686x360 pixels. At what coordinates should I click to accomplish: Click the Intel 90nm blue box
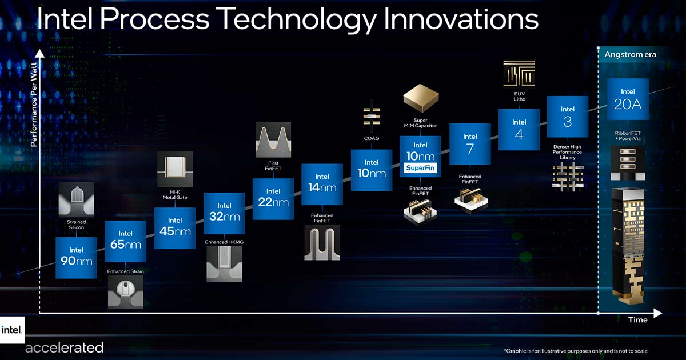pos(76,258)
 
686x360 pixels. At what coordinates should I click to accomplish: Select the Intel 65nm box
pos(126,242)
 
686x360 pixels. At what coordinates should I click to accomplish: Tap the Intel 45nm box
pos(175,229)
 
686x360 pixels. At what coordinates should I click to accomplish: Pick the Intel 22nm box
pos(273,199)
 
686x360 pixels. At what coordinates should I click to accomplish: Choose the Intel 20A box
pos(628,99)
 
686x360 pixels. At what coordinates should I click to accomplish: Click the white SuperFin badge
pos(420,168)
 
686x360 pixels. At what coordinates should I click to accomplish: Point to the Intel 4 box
pos(519,130)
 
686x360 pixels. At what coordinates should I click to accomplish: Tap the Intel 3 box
pos(568,117)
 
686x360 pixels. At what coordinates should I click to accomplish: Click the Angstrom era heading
pos(630,55)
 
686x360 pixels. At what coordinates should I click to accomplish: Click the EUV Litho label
pos(520,97)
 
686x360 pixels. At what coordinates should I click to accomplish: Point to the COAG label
pos(372,138)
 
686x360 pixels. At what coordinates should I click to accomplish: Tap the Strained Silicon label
pos(76,225)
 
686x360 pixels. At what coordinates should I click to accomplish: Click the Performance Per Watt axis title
pos(34,105)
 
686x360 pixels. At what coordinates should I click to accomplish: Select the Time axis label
pos(637,320)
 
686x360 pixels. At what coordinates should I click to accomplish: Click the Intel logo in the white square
pos(12,330)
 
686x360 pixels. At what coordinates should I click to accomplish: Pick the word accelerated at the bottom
pos(64,348)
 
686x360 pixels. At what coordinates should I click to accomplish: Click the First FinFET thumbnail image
pos(273,140)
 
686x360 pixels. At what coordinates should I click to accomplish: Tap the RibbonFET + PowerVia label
pos(628,136)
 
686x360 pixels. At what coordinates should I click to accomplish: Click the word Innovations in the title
pos(461,19)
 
